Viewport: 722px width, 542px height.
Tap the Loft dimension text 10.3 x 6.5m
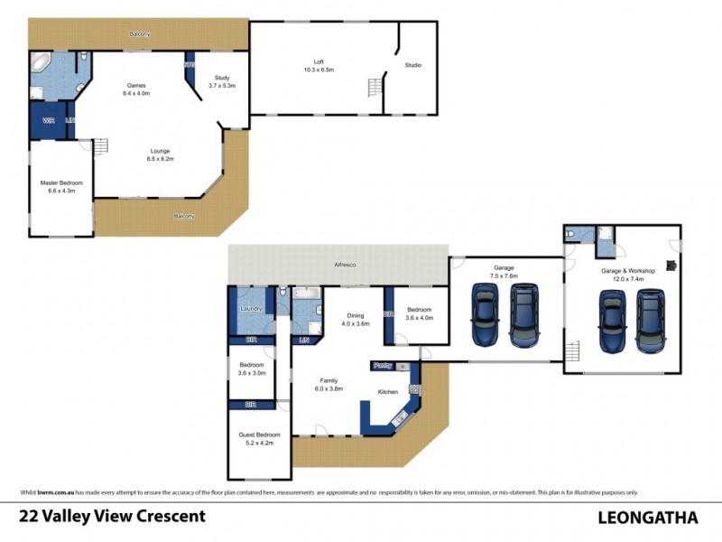[x=319, y=70]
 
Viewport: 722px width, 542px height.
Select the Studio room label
[x=413, y=65]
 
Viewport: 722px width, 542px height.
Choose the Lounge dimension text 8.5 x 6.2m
[x=159, y=159]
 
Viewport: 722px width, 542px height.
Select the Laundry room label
[x=250, y=308]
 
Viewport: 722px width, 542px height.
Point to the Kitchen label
[x=388, y=392]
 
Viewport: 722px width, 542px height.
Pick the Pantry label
[x=382, y=365]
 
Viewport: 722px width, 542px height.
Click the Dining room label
[x=356, y=315]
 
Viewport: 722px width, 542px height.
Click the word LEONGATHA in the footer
[x=648, y=518]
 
